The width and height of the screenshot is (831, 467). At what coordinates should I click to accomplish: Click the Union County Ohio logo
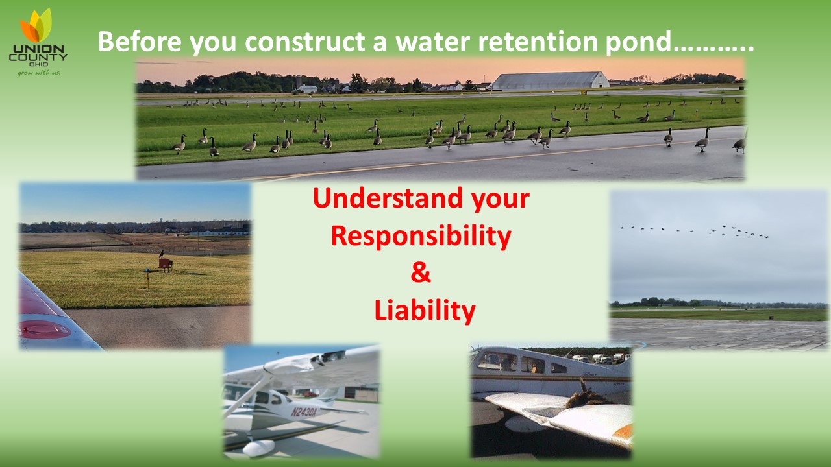38,42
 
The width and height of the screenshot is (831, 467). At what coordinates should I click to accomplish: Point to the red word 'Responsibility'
421,237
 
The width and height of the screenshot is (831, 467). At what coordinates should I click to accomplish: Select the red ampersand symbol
421,273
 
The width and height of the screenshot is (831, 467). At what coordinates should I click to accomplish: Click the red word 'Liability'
425,311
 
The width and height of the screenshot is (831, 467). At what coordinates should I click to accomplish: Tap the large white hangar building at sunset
550,80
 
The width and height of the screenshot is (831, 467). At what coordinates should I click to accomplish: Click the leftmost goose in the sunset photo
179,144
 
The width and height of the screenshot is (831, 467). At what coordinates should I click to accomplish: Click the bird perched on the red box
162,253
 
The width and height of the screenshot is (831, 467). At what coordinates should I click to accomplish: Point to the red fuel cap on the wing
45,329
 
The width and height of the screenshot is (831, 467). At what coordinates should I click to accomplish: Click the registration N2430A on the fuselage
304,411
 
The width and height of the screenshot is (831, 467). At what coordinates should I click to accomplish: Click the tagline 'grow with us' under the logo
38,73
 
